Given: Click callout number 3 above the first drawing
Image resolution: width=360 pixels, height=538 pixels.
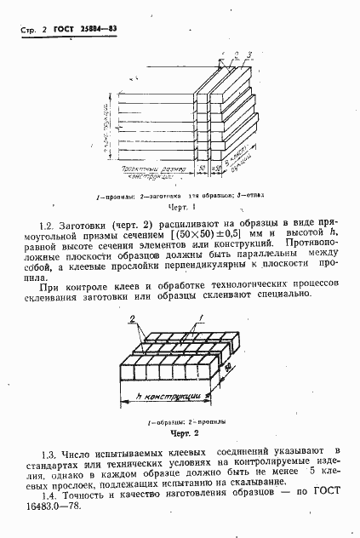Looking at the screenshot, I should point(249,56).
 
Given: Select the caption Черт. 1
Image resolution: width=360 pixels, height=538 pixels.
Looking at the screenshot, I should point(182,207).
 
